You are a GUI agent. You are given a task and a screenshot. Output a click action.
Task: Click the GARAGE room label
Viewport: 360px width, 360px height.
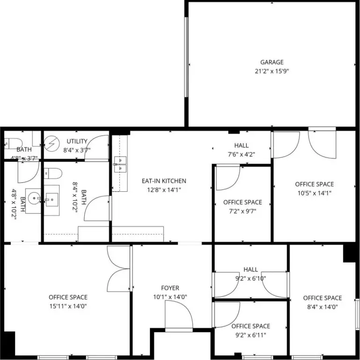pyautogui.click(x=272, y=62)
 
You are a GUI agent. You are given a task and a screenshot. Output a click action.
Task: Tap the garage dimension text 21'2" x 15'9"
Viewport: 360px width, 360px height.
pyautogui.click(x=272, y=71)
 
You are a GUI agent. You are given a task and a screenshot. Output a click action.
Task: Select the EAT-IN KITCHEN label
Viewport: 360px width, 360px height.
pyautogui.click(x=164, y=181)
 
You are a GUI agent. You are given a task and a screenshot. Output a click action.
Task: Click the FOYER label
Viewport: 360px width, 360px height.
pyautogui.click(x=170, y=288)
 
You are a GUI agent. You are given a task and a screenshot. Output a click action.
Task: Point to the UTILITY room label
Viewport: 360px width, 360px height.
pyautogui.click(x=77, y=141)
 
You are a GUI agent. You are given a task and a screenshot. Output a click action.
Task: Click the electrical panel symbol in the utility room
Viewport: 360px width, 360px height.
pyautogui.click(x=52, y=144)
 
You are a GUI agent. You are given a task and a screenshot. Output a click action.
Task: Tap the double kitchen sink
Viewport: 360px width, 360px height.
pyautogui.click(x=120, y=165)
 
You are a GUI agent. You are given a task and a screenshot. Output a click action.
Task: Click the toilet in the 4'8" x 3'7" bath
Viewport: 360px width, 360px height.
pyautogui.click(x=13, y=144)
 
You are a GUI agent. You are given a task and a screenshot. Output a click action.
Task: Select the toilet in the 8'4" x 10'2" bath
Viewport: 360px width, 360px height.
pyautogui.click(x=53, y=173)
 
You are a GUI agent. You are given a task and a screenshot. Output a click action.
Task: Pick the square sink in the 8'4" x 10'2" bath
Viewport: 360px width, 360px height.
pyautogui.click(x=52, y=200)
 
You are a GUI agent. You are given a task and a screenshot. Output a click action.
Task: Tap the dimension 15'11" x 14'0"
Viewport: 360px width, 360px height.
pyautogui.click(x=68, y=306)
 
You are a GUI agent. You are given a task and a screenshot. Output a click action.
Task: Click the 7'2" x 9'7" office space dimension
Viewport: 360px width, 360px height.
pyautogui.click(x=242, y=211)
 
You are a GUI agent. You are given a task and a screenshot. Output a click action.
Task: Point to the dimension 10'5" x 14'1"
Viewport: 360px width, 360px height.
pyautogui.click(x=314, y=193)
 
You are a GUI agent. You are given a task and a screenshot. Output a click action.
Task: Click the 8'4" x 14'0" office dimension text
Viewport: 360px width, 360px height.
pyautogui.click(x=323, y=307)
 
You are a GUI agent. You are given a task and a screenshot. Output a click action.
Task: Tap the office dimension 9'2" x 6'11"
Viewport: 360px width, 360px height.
pyautogui.click(x=251, y=335)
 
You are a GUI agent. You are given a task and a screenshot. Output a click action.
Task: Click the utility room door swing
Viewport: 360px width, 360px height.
pyautogui.click(x=96, y=148)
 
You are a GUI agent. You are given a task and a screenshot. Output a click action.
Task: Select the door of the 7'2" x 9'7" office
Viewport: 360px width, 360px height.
pyautogui.click(x=228, y=177)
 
